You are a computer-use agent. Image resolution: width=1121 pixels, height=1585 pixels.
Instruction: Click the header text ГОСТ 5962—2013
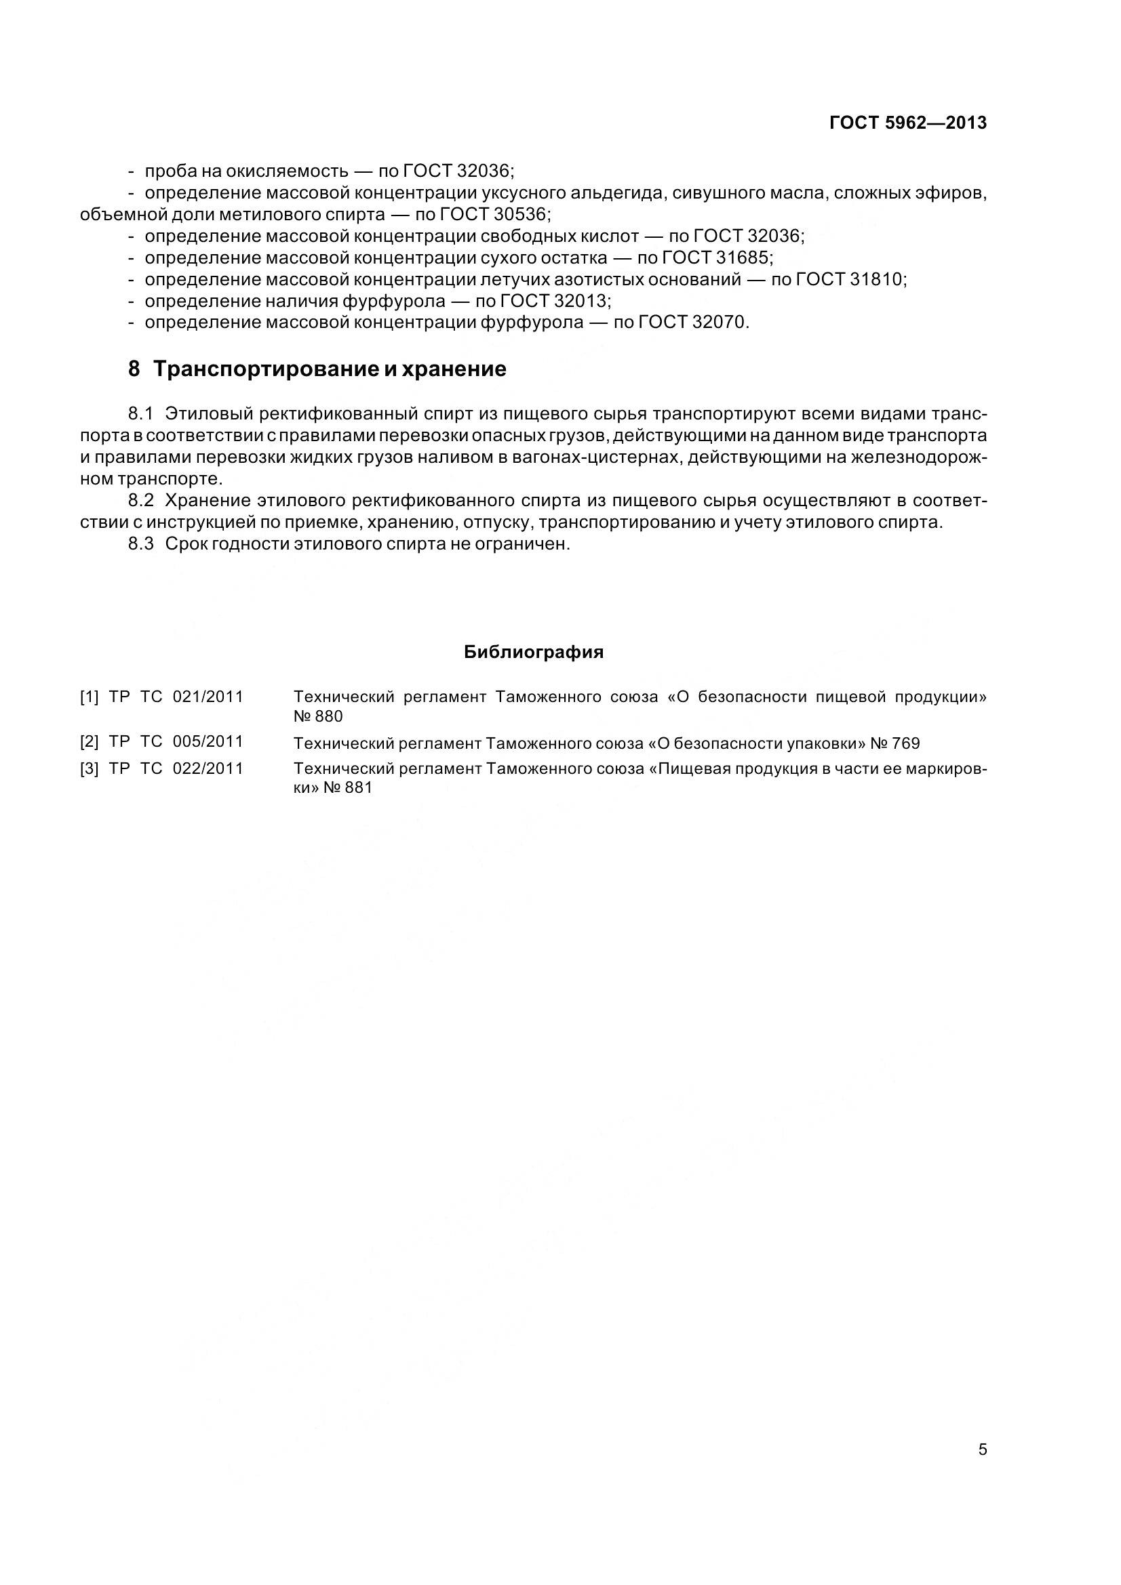(x=907, y=123)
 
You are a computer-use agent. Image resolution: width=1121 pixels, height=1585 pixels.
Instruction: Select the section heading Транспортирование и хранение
(x=330, y=369)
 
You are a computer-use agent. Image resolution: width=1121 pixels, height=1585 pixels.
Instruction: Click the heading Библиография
(x=534, y=653)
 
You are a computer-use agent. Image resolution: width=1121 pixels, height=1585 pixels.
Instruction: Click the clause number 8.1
(x=140, y=413)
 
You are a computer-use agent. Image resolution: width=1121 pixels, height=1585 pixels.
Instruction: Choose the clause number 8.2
(x=140, y=501)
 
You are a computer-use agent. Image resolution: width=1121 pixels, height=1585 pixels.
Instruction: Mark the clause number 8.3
(x=140, y=544)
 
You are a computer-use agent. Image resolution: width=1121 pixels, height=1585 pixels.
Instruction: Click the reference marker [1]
(x=89, y=697)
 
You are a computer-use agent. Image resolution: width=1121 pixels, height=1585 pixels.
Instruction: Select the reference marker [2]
(x=89, y=742)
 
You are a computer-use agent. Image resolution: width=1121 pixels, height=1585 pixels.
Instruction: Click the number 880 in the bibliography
(x=329, y=716)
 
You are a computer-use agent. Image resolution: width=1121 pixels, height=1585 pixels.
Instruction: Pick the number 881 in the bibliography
(x=359, y=788)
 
